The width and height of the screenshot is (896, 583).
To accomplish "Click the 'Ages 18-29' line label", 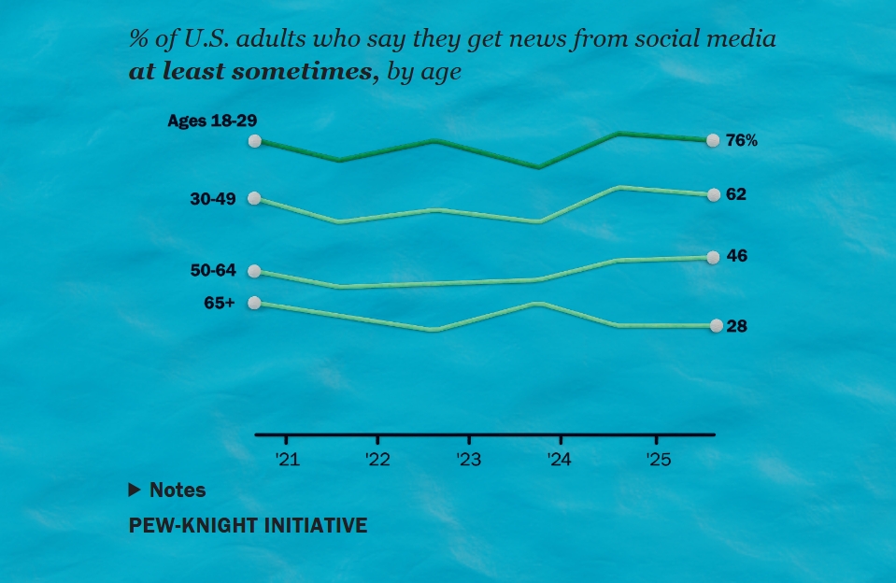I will [212, 121].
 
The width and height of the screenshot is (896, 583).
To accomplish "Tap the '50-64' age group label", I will [213, 271].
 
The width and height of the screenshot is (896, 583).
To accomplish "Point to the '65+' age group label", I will [220, 302].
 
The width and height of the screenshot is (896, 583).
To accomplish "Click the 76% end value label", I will [742, 140].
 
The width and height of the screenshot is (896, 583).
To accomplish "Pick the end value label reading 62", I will [736, 194].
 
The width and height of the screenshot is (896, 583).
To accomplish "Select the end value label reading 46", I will [736, 256].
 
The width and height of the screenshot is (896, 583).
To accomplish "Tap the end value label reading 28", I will [736, 326].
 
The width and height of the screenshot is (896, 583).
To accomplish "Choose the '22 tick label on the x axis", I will [377, 460].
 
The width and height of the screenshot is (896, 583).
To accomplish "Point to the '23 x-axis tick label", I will [468, 460].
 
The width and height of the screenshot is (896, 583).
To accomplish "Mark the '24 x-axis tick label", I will [560, 460].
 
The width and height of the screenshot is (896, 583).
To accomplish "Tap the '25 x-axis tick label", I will [656, 460].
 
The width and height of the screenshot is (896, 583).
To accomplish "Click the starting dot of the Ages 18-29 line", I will [254, 141].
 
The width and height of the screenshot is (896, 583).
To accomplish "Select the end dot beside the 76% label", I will [713, 140].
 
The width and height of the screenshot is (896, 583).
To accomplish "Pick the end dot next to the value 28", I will [716, 326].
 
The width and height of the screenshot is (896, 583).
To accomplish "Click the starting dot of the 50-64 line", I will [254, 272].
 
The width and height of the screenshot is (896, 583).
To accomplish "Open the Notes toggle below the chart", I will [167, 490].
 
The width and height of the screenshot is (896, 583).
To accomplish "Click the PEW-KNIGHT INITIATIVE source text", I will [248, 526].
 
